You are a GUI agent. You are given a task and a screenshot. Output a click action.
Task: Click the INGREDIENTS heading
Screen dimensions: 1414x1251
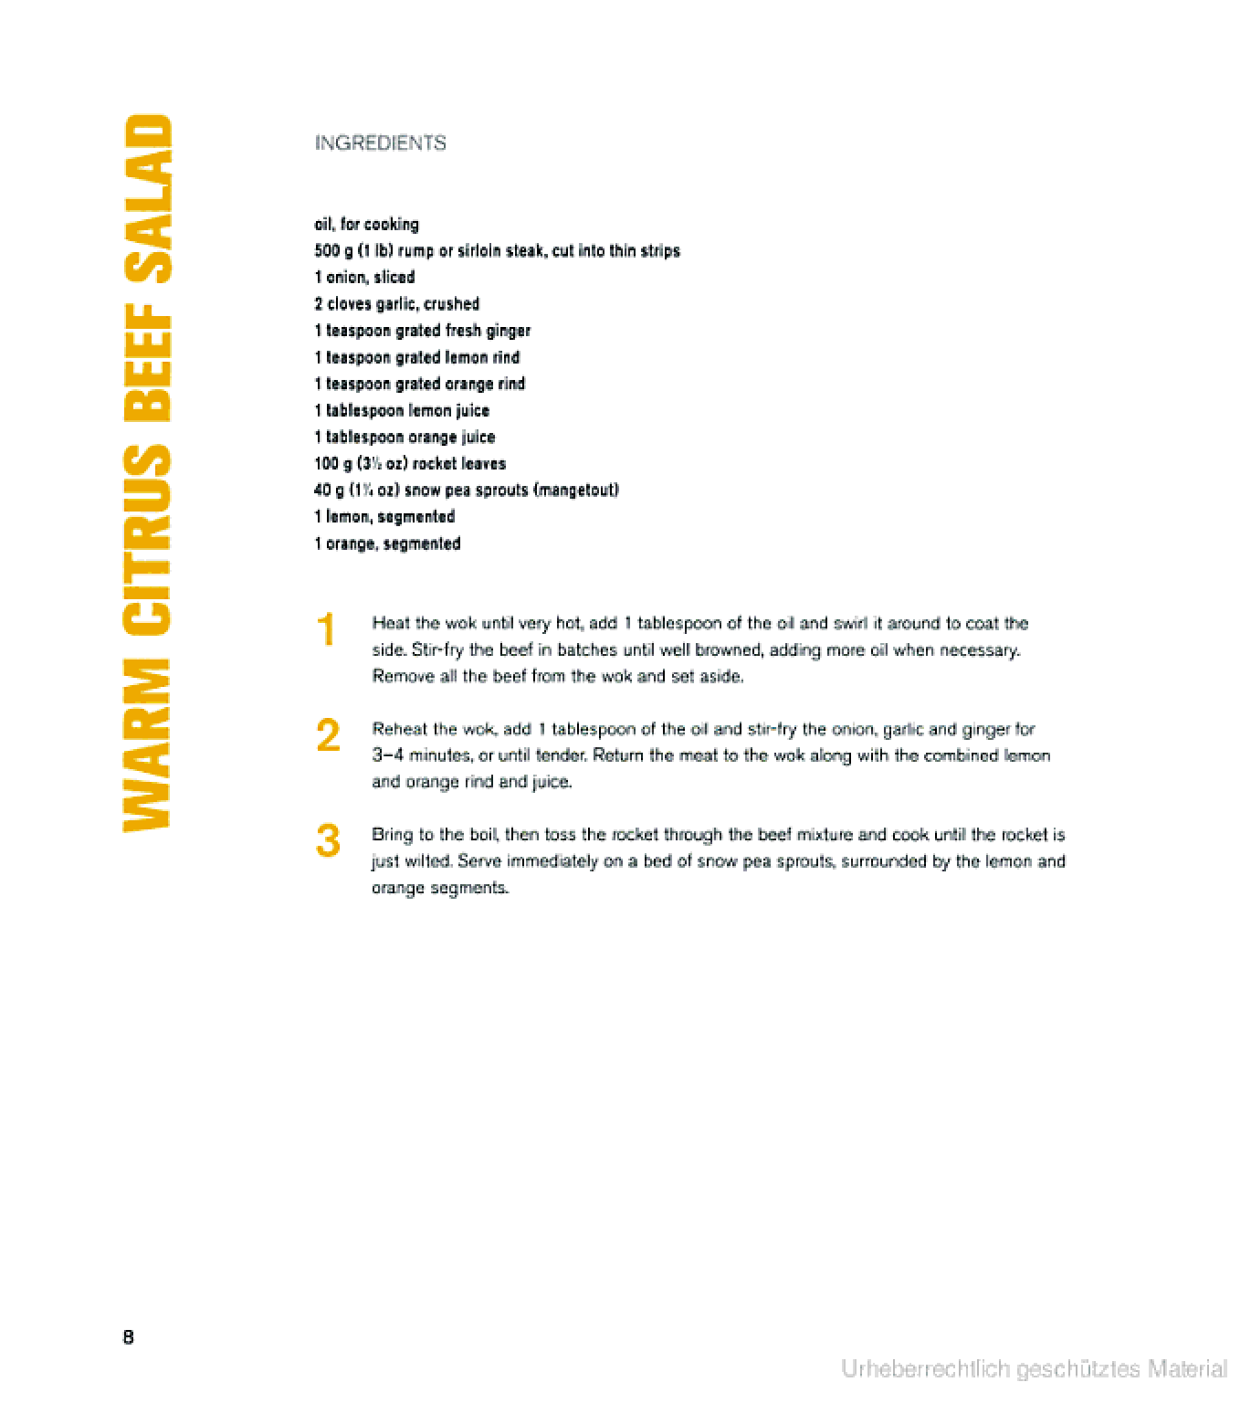pos(380,143)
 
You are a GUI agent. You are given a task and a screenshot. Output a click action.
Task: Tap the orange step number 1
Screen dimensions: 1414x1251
pos(326,630)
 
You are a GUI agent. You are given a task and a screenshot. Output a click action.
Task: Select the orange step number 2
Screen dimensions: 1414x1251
pos(328,735)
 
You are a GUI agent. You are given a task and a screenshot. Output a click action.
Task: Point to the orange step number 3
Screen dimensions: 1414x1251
pos(328,841)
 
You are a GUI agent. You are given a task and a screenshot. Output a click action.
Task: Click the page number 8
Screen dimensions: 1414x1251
pos(128,1337)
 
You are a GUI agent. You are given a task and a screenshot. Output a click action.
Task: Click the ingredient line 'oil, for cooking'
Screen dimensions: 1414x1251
pos(366,225)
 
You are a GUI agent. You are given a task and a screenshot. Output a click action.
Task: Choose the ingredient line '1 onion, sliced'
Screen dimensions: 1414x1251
pos(364,278)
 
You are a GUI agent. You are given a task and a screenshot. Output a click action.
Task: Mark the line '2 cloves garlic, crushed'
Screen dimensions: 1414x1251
pos(396,304)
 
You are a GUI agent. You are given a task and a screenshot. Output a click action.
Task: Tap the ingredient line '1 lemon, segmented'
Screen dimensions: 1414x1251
pos(384,517)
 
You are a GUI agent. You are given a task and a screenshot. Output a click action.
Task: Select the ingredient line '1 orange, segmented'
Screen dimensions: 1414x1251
pos(387,543)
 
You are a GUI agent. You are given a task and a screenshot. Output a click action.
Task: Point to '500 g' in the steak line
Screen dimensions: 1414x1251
pos(329,251)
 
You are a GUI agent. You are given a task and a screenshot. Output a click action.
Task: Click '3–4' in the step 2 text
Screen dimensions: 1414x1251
pos(388,756)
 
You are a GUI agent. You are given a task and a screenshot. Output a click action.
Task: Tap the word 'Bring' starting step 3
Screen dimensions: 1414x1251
pos(391,835)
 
